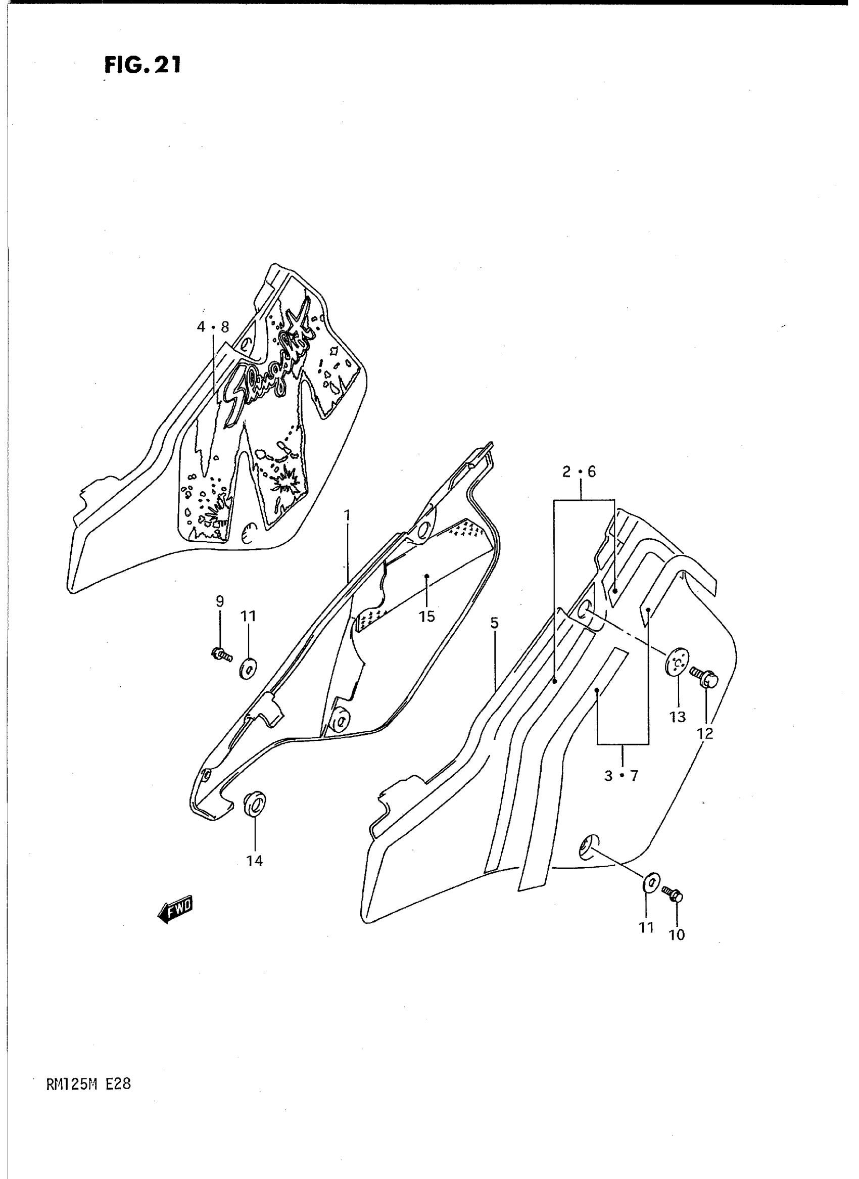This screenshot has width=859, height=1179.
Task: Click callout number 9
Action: point(220,601)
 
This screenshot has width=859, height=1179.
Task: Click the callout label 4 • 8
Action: point(213,327)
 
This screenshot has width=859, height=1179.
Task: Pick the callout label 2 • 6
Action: point(579,471)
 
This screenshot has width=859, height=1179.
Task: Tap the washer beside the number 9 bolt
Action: point(247,668)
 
